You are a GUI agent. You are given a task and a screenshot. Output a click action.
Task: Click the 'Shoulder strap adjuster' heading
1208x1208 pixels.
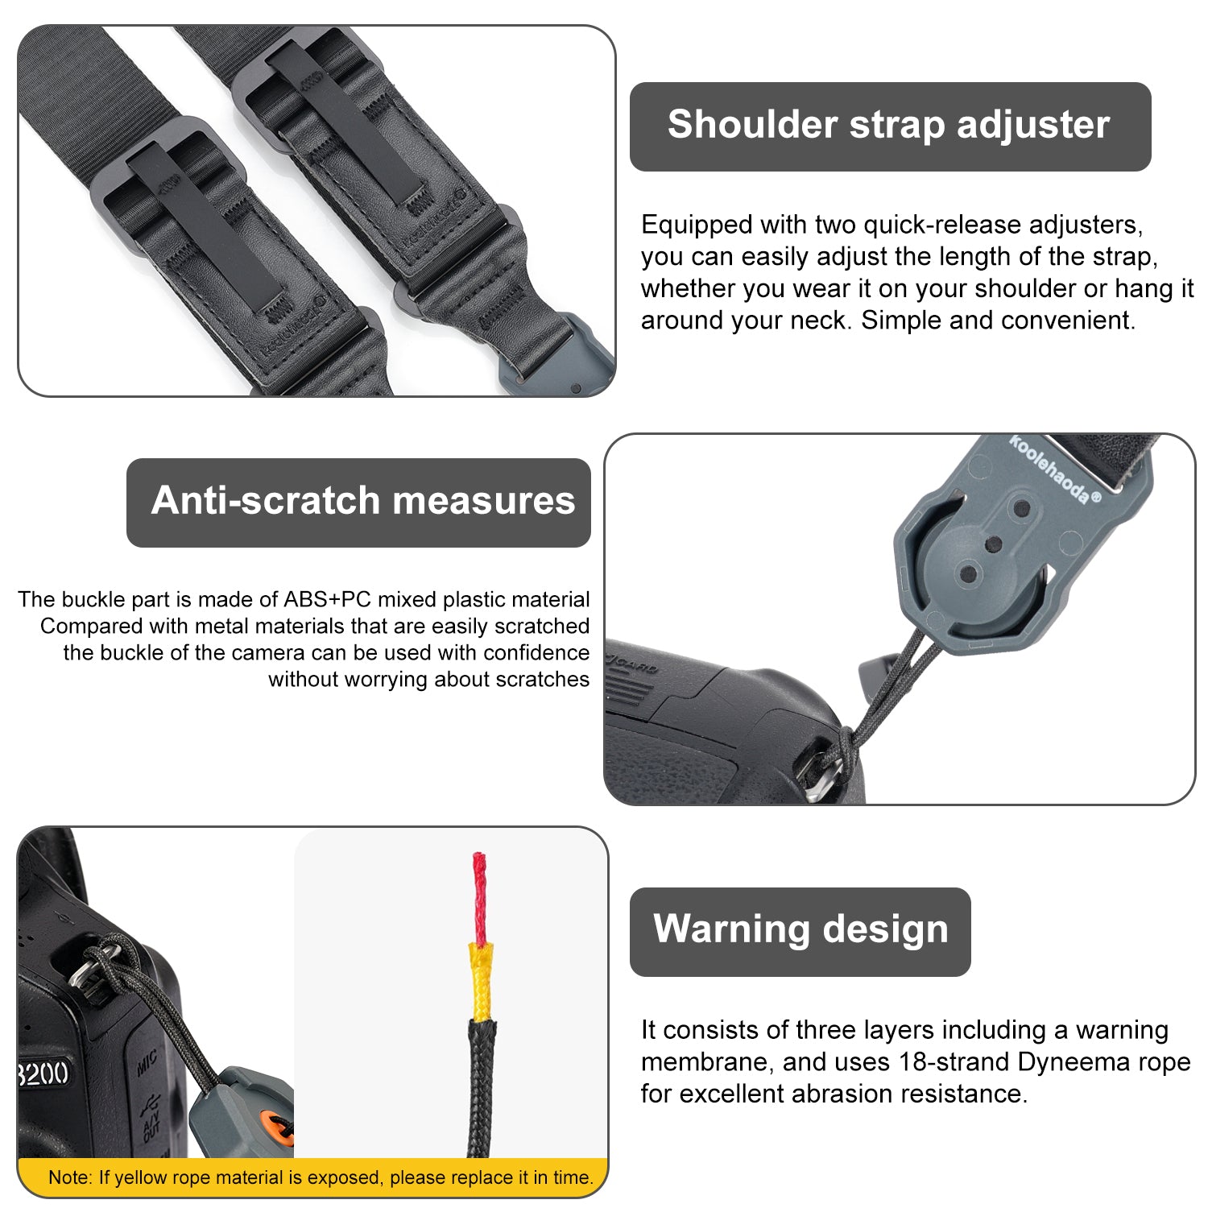(889, 126)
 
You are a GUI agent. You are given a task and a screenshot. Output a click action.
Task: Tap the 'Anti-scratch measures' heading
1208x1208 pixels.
(363, 500)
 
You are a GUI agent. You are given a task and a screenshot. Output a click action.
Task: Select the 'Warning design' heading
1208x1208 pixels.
(801, 929)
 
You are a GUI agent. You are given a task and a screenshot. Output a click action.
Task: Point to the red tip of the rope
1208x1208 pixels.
(480, 899)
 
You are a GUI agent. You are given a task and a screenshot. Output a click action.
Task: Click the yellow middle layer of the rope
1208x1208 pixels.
(481, 982)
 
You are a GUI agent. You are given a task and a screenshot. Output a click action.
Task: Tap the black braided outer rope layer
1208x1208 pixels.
(482, 1087)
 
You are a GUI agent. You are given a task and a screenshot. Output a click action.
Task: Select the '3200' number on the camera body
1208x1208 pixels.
(43, 1074)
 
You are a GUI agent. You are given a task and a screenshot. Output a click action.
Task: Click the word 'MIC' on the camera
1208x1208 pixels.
(147, 1064)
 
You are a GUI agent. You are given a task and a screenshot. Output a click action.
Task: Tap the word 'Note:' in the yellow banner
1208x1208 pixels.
(70, 1177)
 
